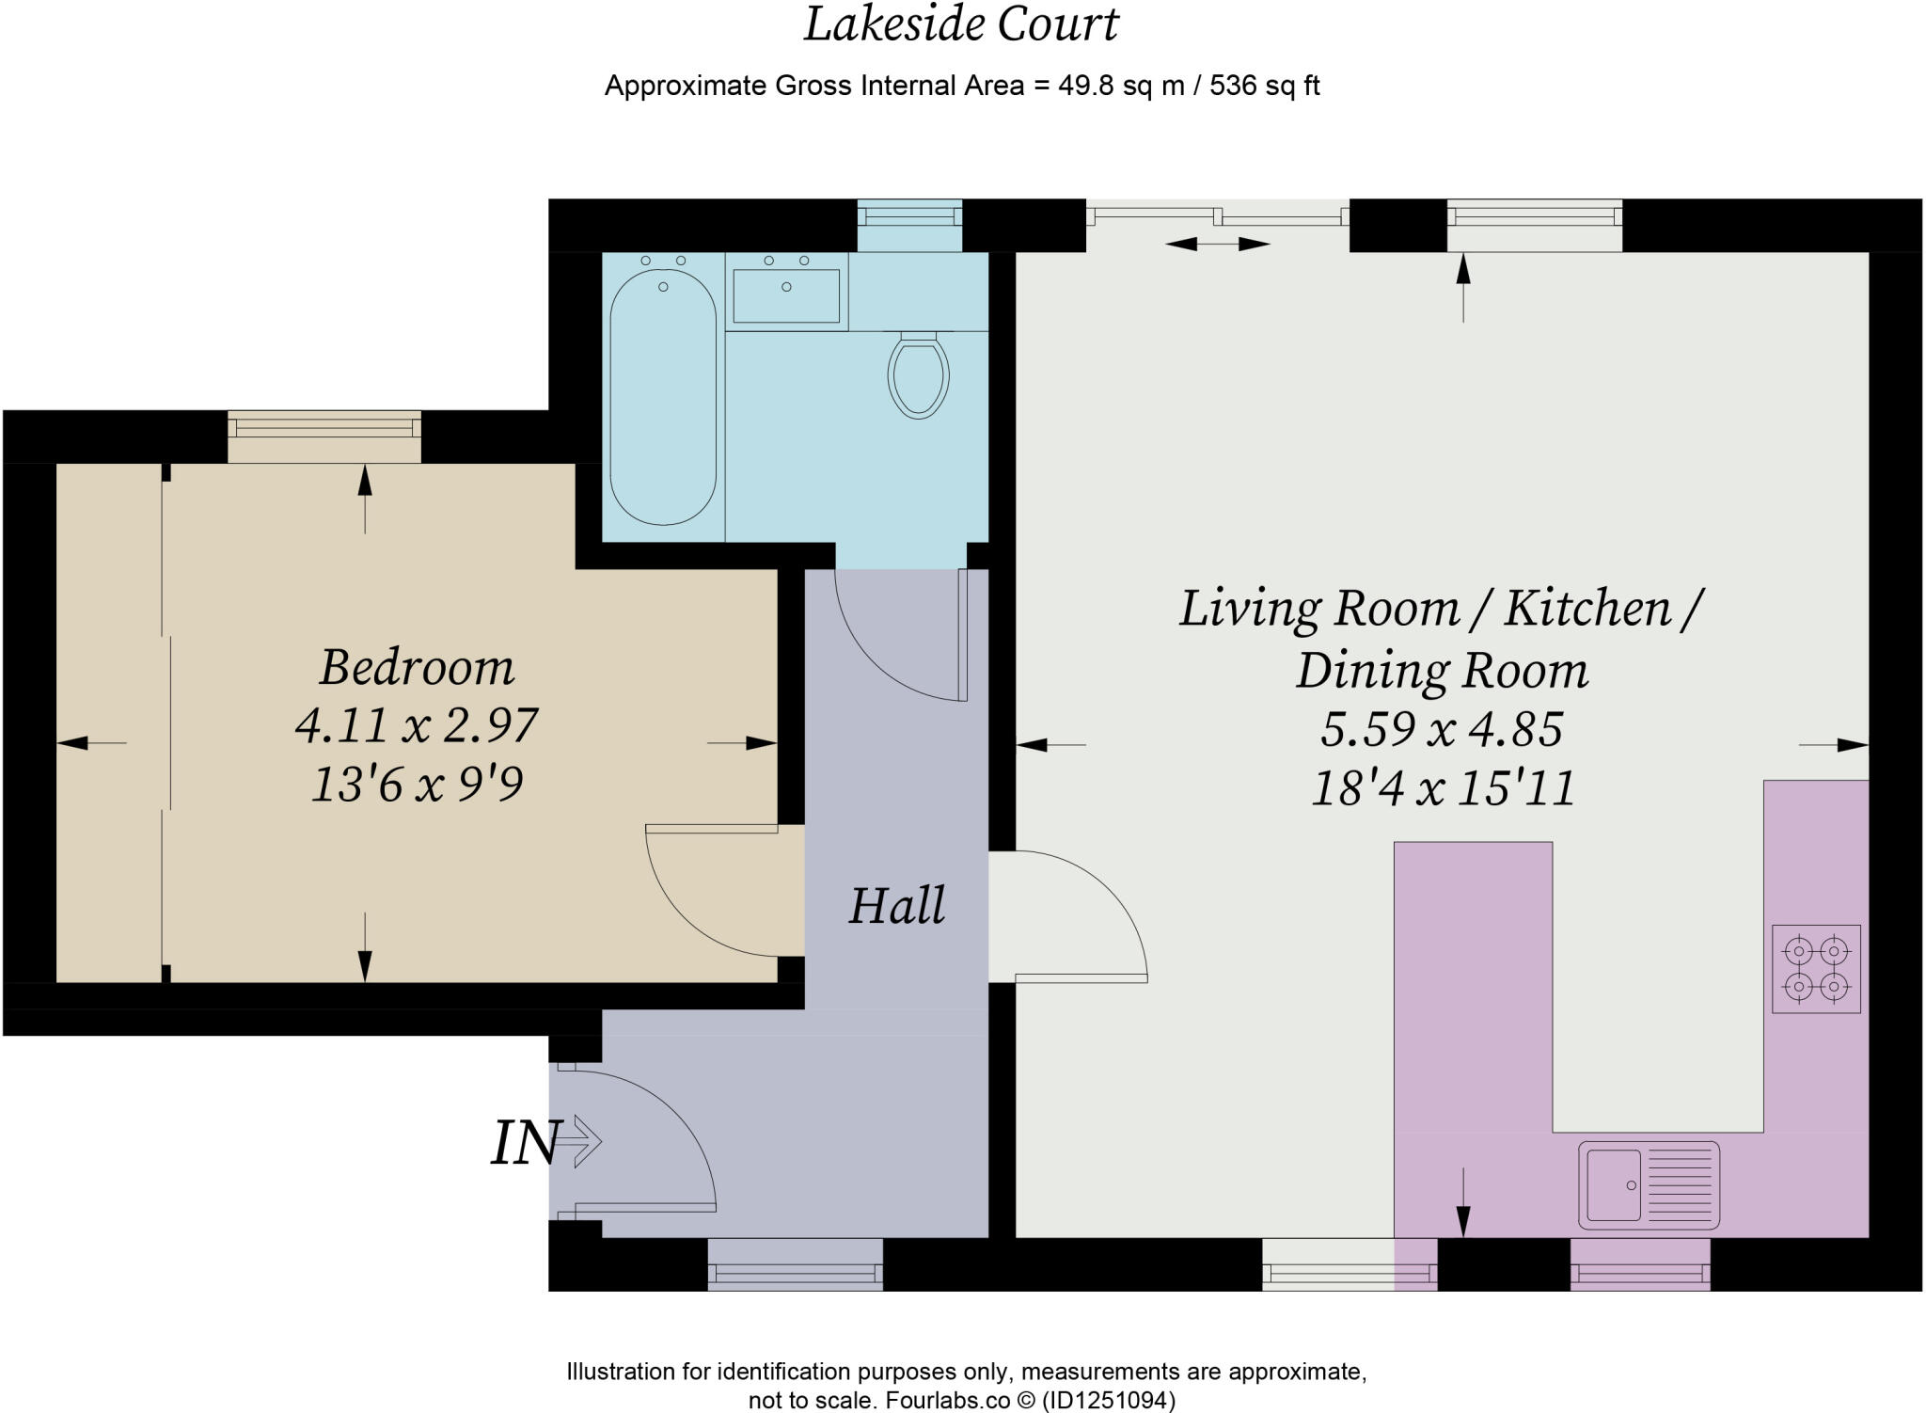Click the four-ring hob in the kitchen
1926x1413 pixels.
1816,969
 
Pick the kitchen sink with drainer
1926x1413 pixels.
1649,1185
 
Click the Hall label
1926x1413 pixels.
896,906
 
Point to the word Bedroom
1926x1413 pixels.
417,667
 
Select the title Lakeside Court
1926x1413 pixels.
961,24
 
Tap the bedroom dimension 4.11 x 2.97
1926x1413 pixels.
417,725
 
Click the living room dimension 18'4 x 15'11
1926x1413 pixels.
1444,788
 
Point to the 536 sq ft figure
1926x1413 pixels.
1264,86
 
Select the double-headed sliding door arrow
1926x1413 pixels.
1217,245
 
